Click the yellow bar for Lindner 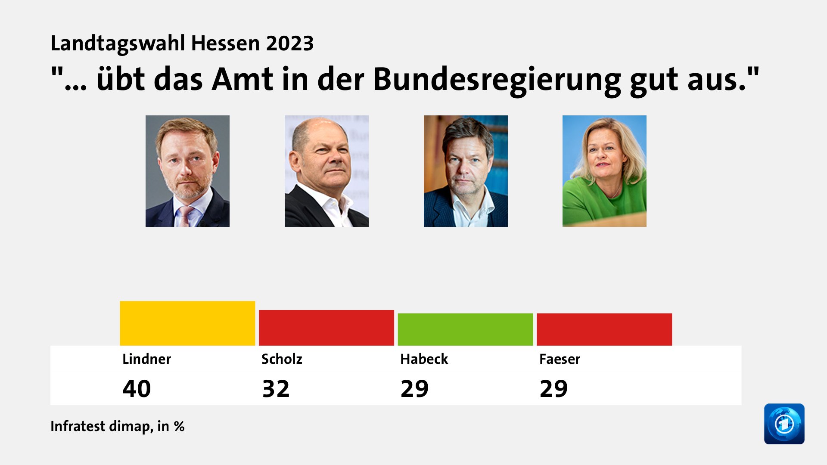(x=187, y=323)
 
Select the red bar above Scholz (x=326, y=328)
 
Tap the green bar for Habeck (x=465, y=329)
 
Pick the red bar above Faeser (x=604, y=329)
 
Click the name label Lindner (x=146, y=359)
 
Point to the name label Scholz (x=282, y=359)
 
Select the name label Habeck (x=424, y=359)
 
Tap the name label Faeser (x=560, y=359)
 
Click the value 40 (x=137, y=389)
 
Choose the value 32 (x=276, y=389)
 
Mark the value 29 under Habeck (x=414, y=389)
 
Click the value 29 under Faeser (x=553, y=389)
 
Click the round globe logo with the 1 (x=784, y=424)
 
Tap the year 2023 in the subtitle (x=289, y=43)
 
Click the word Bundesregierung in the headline (x=497, y=80)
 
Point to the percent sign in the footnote (x=179, y=426)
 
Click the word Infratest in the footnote (x=78, y=426)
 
